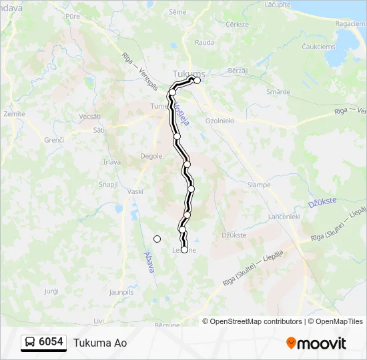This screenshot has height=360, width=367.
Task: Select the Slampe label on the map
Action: pyautogui.click(x=258, y=185)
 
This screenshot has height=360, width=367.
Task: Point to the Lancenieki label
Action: pyautogui.click(x=284, y=217)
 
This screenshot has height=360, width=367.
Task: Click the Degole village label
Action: pyautogui.click(x=151, y=156)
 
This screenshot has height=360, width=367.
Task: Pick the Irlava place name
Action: pyautogui.click(x=111, y=162)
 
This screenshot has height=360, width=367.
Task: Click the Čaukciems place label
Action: pyautogui.click(x=317, y=47)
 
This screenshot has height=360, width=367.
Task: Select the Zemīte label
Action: pyautogui.click(x=14, y=114)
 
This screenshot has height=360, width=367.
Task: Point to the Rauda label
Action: pyautogui.click(x=204, y=42)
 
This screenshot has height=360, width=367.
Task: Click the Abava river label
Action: pyautogui.click(x=149, y=261)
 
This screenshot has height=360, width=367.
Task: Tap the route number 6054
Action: pyautogui.click(x=51, y=342)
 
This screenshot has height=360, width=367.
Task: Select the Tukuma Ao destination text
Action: pyautogui.click(x=100, y=343)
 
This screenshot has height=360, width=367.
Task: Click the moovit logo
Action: pyautogui.click(x=316, y=343)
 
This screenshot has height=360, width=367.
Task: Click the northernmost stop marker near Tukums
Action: pyautogui.click(x=197, y=80)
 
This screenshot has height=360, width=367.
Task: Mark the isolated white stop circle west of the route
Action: pyautogui.click(x=157, y=239)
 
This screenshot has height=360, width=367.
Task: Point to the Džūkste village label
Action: pyautogui.click(x=234, y=235)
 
